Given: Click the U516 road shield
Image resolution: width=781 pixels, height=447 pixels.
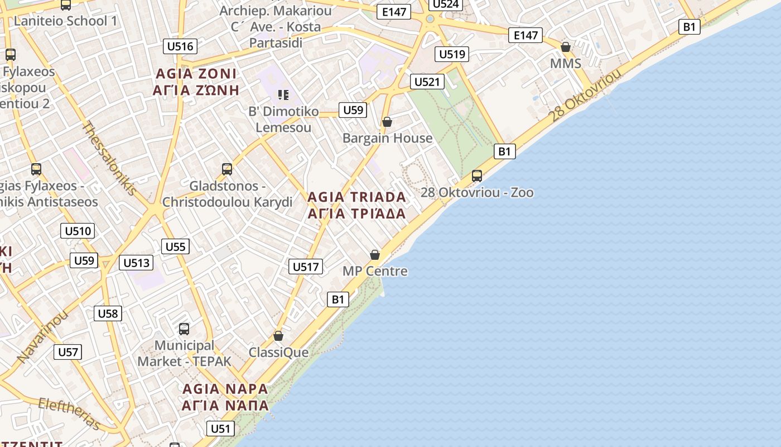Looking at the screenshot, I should pos(180,46).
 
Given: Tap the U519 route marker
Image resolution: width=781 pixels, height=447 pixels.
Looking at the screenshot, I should pos(452,54).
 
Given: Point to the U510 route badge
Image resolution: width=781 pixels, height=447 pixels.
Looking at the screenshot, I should pos(78,231).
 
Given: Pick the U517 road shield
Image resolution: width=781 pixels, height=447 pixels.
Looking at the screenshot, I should pos(306,267).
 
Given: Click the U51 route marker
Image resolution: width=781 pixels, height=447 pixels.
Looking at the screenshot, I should pos(220,429).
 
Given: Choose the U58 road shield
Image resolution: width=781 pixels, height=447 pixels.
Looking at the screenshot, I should pos(108,313).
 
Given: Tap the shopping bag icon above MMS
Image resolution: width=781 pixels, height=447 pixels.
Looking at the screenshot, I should pos(566,47).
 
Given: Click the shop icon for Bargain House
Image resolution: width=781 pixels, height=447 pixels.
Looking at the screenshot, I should pos(387,122).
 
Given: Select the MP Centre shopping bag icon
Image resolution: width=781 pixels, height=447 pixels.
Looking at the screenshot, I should pos(375,255).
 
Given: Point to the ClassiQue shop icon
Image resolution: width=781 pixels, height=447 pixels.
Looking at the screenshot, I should pos(278,336).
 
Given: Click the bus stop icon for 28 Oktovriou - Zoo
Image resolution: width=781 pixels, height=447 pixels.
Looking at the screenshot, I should pos(477,176).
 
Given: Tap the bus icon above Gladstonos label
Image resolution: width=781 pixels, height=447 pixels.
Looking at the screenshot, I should pos(227,169).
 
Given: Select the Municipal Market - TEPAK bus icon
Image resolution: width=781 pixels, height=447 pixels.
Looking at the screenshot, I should pos(184,329).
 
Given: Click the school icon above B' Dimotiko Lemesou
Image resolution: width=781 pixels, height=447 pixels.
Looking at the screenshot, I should pos(283,95).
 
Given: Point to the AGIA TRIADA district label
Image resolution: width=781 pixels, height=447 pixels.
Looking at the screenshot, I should pos(356,205).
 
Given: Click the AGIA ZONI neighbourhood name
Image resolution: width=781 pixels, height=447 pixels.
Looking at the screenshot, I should pos(196,82).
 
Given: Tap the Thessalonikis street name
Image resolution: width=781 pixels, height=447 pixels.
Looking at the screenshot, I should pos(109,158).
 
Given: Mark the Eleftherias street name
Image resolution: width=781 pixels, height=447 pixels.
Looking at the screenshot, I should pos(70,413).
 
